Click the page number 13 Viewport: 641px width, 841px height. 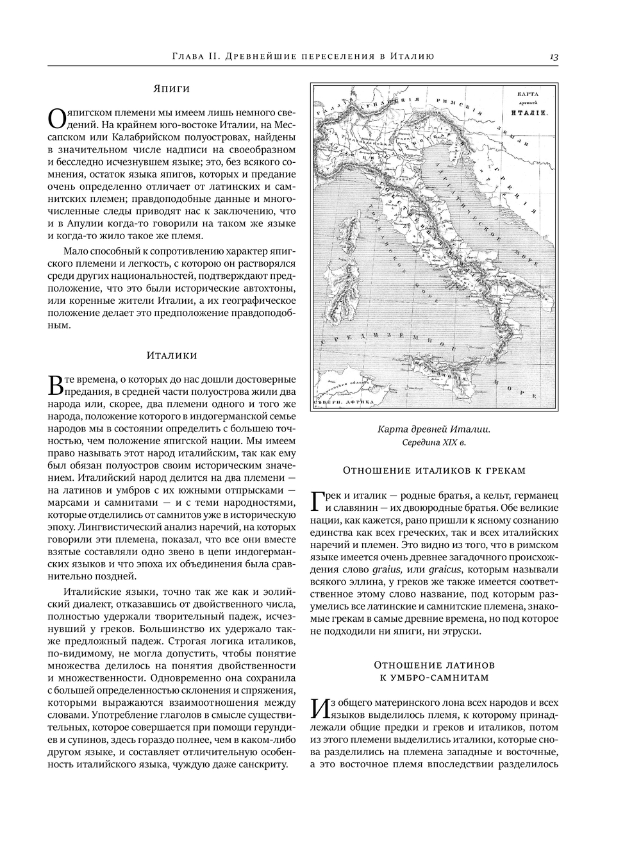click(x=554, y=57)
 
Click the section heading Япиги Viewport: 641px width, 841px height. click(x=172, y=88)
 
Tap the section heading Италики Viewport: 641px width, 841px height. click(x=172, y=355)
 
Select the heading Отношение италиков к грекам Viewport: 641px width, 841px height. click(x=434, y=470)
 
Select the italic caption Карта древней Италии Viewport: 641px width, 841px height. click(x=434, y=429)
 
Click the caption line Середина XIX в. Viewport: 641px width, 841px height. click(x=434, y=442)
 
